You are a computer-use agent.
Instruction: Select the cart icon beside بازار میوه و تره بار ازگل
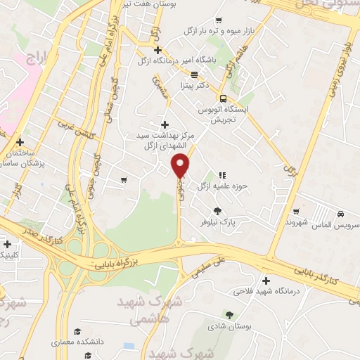[x=221, y=20]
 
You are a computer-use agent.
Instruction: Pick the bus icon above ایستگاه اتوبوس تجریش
[x=223, y=98]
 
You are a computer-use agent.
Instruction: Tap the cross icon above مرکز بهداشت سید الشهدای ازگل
[x=165, y=124]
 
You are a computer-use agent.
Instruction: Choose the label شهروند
[x=298, y=221]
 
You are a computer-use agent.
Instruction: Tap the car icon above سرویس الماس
[x=340, y=213]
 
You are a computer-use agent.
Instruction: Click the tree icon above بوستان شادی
[x=229, y=314]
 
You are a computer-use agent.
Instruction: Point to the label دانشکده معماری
[x=77, y=342]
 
